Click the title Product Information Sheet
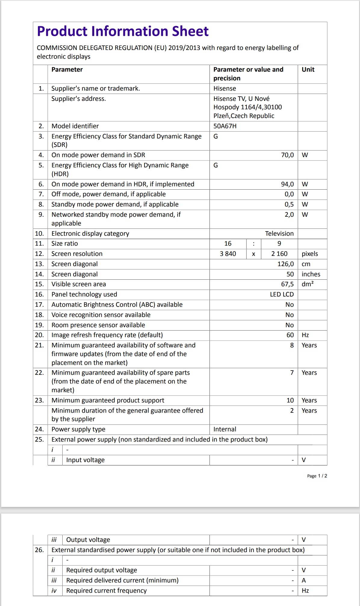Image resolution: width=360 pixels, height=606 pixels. (123, 31)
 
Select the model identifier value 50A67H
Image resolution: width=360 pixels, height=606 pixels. (225, 126)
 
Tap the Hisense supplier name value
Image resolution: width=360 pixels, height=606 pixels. (225, 89)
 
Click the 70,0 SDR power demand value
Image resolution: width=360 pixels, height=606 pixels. (287, 155)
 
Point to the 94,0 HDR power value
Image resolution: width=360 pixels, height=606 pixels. (287, 184)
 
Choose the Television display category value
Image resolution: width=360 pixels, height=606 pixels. (279, 234)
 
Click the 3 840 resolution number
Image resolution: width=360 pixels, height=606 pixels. (228, 254)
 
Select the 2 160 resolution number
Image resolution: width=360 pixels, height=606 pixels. (279, 254)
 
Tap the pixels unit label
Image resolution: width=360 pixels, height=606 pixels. (310, 254)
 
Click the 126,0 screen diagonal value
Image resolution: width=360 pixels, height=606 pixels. (285, 264)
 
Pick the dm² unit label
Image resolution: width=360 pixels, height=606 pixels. (308, 284)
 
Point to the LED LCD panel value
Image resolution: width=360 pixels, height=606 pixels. (281, 294)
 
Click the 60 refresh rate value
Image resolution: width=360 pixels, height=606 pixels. (290, 335)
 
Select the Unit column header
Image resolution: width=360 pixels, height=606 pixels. (308, 70)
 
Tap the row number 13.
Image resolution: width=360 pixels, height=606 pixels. (39, 264)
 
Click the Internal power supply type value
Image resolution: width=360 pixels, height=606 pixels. (225, 429)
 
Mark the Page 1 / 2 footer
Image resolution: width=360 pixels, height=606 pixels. (317, 476)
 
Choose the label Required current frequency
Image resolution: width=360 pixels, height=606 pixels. (106, 591)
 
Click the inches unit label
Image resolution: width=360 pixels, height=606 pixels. (311, 274)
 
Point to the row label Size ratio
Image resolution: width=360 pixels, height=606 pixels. (64, 244)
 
